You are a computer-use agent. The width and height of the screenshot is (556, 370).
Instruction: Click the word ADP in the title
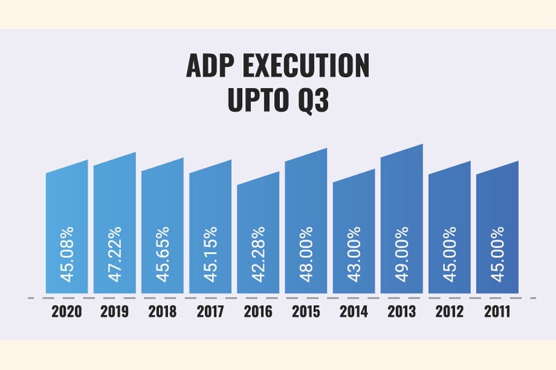click(x=210, y=67)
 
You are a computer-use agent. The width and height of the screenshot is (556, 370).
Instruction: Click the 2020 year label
click(x=67, y=312)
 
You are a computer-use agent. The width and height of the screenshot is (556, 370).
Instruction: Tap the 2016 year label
click(x=258, y=312)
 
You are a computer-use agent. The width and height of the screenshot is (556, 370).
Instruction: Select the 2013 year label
click(x=402, y=312)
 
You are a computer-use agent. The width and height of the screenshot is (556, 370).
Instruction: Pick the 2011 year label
click(x=497, y=312)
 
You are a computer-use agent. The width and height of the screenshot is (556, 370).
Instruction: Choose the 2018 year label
click(x=162, y=312)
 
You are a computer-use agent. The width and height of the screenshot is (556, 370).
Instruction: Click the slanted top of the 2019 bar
click(x=114, y=159)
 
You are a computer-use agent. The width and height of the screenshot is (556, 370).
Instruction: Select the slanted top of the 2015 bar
click(x=306, y=155)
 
